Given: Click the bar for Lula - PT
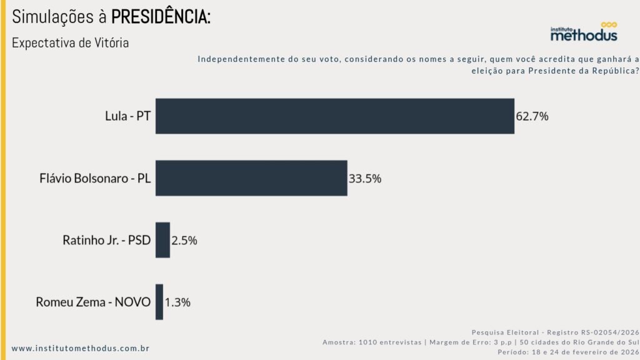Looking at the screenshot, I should (x=334, y=116).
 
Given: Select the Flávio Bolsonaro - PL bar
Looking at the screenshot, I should (x=251, y=178).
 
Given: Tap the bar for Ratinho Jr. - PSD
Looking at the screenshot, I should (x=162, y=240).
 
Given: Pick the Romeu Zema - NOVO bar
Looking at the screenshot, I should (x=159, y=302).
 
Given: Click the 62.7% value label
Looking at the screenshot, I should (x=532, y=116).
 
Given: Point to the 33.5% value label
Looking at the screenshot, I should (x=365, y=178).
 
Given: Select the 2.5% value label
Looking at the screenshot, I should (x=184, y=240).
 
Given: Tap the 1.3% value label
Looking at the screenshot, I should (x=177, y=302).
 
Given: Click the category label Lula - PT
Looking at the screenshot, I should (x=127, y=116).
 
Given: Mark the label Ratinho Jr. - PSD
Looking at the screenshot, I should (x=107, y=240).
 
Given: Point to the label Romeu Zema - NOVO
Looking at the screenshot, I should (x=93, y=302).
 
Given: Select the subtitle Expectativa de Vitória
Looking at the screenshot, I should (x=71, y=44).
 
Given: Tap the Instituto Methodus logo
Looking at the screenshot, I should (x=584, y=32).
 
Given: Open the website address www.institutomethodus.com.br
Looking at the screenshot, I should (x=81, y=348).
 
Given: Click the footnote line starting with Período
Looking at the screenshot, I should (x=568, y=352).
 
